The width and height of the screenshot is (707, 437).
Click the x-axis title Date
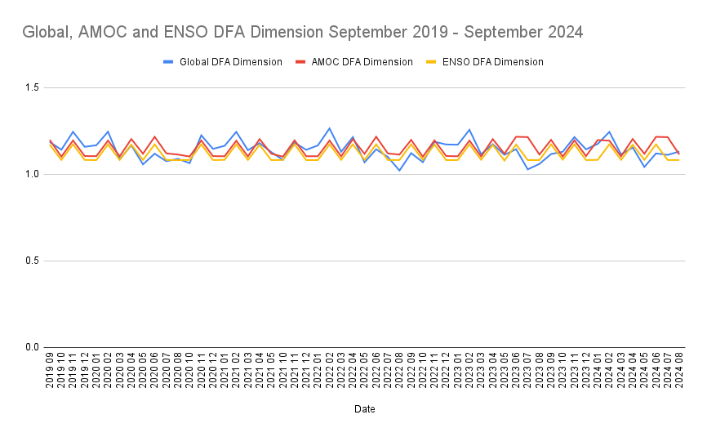(x=364, y=408)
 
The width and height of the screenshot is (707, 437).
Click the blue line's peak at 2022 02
(x=329, y=128)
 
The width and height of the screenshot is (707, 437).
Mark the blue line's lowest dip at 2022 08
(x=399, y=170)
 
